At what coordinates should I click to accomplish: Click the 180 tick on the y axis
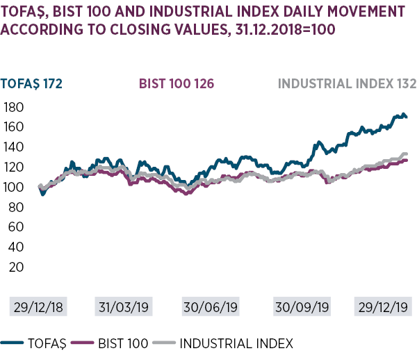click(13, 108)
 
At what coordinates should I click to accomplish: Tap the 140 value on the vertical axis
click(13, 147)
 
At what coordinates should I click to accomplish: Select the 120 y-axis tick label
click(13, 167)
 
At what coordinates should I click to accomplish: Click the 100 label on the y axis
click(13, 187)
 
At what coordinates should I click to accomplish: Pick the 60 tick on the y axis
click(15, 227)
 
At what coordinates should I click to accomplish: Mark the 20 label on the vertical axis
click(15, 267)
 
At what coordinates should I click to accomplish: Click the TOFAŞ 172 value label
click(33, 84)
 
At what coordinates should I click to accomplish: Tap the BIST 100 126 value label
click(176, 84)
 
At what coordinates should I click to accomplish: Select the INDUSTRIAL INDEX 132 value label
click(347, 84)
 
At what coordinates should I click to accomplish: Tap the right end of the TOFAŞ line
click(407, 117)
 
